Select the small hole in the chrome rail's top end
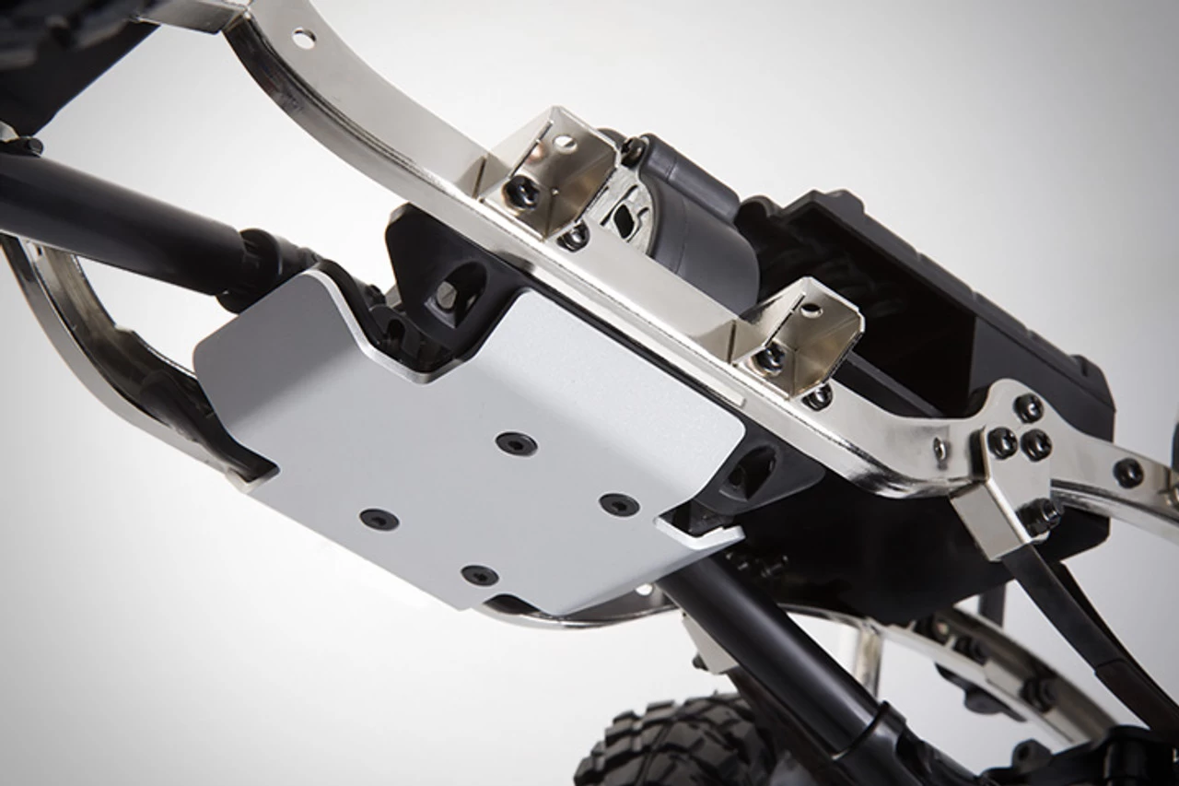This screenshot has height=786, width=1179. [x=303, y=38]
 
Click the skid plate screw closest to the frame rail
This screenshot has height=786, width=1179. [x=516, y=444]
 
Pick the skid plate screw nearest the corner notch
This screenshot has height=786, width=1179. [x=619, y=504]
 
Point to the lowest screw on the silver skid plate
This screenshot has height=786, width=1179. [x=479, y=576]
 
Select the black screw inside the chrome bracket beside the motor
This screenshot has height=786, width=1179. [x=522, y=192]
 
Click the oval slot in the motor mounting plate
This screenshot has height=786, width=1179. [x=625, y=220]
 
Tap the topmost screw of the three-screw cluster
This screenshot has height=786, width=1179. [x=1028, y=406]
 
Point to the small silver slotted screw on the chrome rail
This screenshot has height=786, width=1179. [x=940, y=449]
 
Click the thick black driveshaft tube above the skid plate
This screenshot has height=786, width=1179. [x=120, y=217]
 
